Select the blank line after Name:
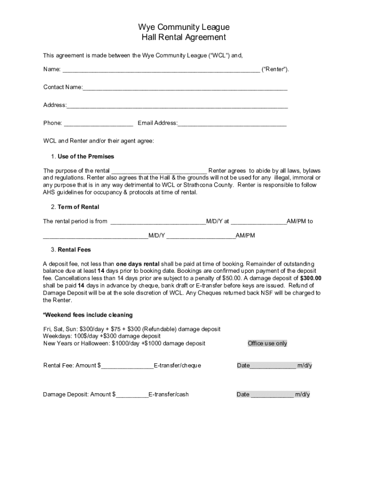click(161, 70)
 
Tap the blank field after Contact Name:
click(185, 88)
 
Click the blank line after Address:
click(177, 106)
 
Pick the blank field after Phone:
click(99, 124)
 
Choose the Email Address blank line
click(232, 124)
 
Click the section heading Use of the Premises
click(86, 157)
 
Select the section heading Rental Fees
click(74, 250)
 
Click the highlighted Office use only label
click(267, 343)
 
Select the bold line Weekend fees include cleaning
click(88, 315)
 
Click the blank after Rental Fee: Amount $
click(127, 366)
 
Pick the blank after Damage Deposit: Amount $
click(132, 395)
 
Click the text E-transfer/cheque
click(177, 366)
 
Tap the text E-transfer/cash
click(168, 395)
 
